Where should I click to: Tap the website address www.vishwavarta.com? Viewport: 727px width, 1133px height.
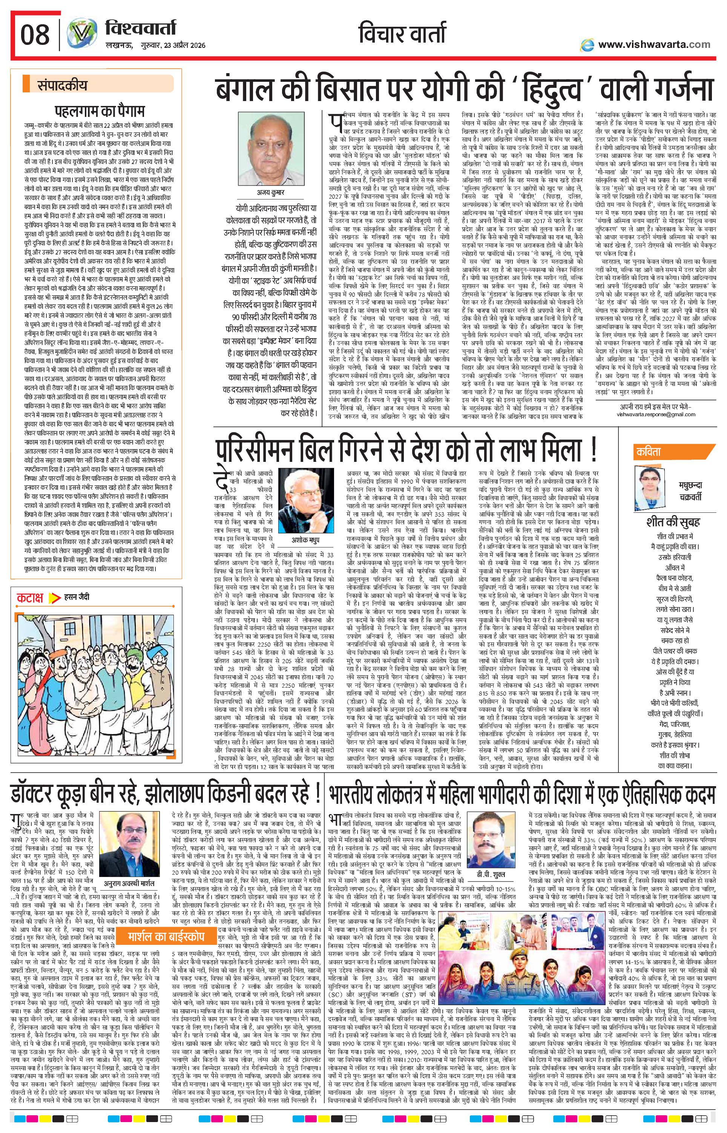[653, 44]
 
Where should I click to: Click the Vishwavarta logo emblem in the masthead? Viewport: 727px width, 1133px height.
[78, 35]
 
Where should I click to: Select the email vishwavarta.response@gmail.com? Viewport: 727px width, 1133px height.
[656, 414]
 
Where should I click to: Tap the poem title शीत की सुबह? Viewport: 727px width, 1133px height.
[673, 522]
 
